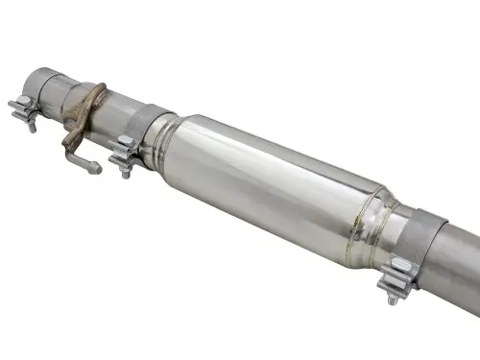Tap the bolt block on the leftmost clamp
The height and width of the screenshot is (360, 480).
click(x=24, y=107)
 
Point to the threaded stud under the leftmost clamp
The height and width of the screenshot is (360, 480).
click(x=32, y=125)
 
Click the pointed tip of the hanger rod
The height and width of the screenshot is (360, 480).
click(x=97, y=171)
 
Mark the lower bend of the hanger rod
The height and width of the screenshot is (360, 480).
click(x=70, y=152)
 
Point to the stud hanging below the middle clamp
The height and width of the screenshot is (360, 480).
click(x=126, y=172)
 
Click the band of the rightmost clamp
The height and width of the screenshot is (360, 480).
click(x=423, y=246)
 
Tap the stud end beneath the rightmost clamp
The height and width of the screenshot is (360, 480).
click(x=393, y=299)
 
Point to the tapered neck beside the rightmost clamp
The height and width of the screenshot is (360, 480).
click(x=399, y=231)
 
